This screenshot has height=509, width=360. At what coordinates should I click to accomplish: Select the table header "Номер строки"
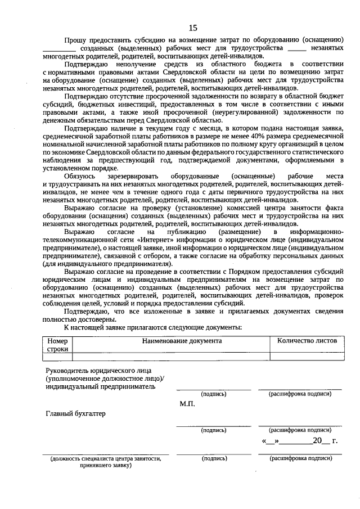click(57, 344)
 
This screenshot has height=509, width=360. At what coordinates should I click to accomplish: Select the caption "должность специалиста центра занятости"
click(109, 459)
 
